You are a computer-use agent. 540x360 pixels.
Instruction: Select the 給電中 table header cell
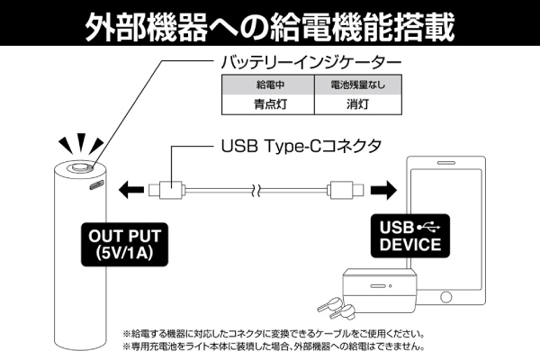[x=267, y=87]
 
